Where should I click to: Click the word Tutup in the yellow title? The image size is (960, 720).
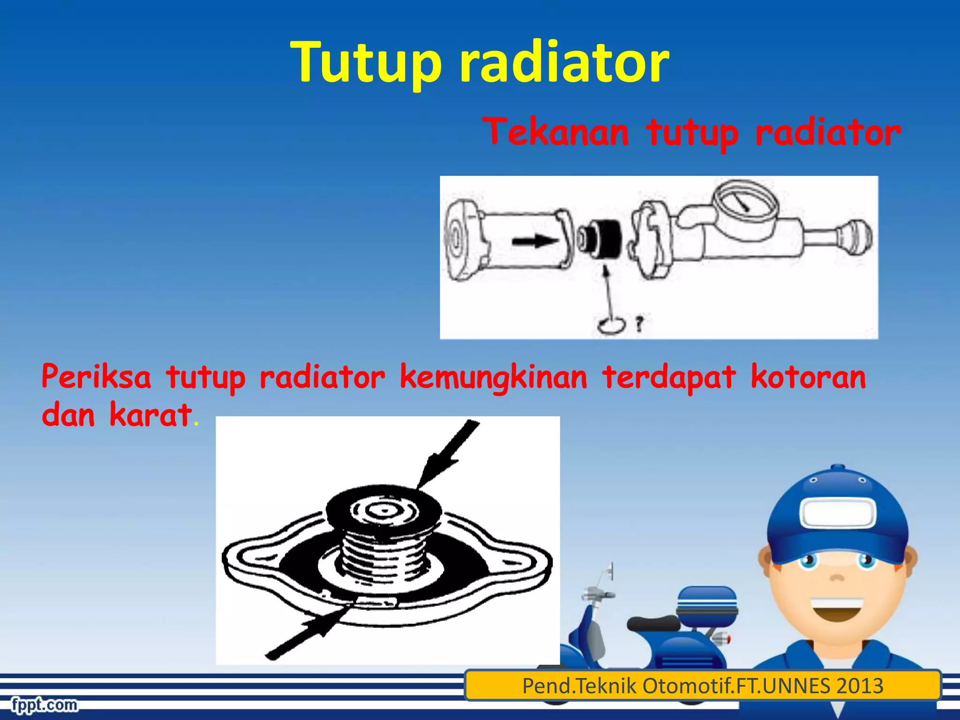(x=366, y=62)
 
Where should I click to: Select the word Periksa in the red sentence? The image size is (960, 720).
(x=96, y=377)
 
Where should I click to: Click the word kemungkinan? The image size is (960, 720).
(x=493, y=378)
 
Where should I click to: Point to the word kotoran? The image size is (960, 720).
(x=808, y=377)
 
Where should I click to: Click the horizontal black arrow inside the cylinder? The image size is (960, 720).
(x=534, y=242)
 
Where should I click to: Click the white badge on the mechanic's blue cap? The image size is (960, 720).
(x=837, y=513)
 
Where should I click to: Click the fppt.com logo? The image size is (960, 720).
(x=45, y=705)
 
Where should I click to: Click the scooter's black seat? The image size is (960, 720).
(x=653, y=623)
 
